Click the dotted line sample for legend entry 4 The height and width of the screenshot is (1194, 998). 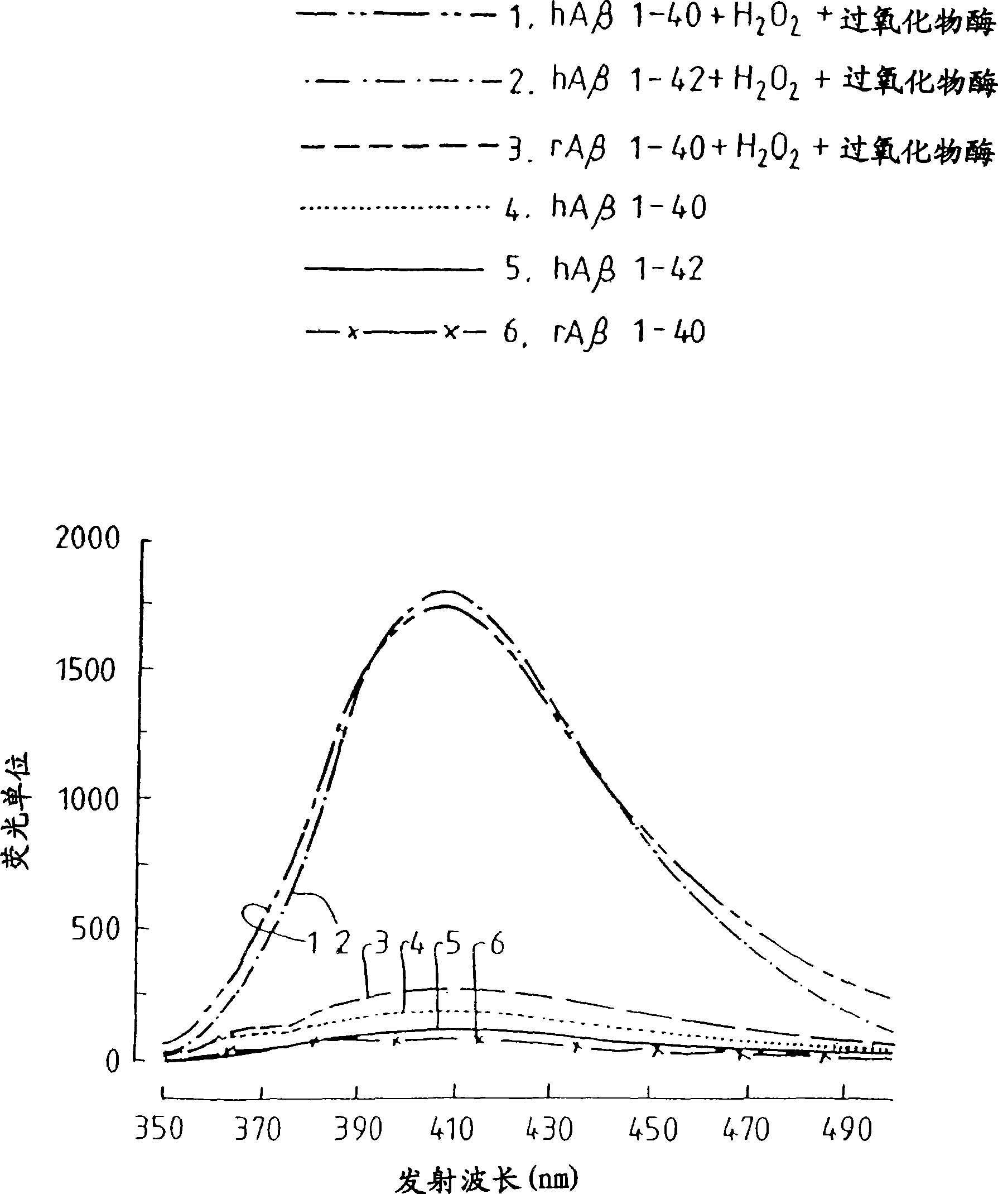coord(394,208)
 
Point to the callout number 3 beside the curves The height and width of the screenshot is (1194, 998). coord(382,946)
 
